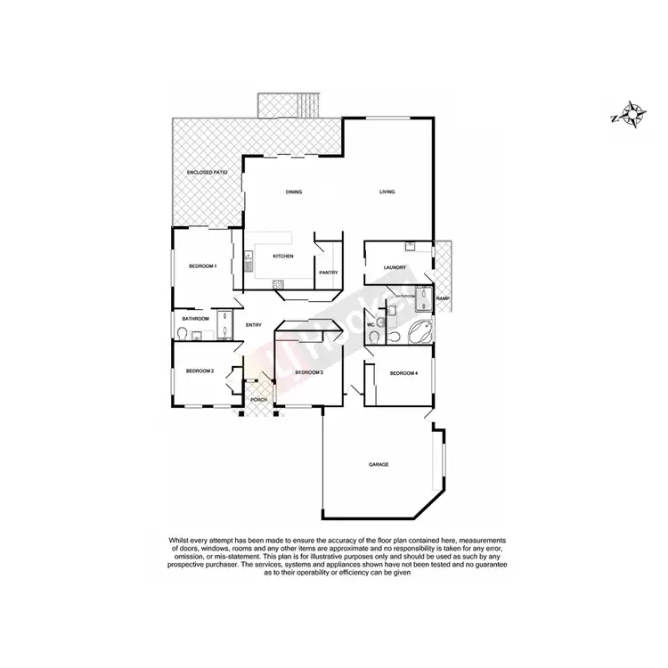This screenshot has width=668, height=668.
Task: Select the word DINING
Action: click(294, 192)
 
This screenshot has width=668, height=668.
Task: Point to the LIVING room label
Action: click(387, 192)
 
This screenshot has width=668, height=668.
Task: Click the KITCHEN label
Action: click(283, 257)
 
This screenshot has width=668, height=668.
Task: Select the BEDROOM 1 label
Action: click(202, 266)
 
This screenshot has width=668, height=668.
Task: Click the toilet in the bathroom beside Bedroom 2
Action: click(183, 333)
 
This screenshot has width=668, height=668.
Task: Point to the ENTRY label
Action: click(253, 325)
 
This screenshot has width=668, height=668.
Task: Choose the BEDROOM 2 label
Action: click(200, 371)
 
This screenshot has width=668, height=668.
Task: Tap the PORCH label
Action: click(259, 399)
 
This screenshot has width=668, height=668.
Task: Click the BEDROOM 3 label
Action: click(308, 372)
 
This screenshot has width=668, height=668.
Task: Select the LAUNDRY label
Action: click(395, 267)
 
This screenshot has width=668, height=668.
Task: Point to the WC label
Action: click(371, 325)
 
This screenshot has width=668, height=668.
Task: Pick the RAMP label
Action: click(443, 298)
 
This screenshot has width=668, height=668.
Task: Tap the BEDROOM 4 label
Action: click(403, 373)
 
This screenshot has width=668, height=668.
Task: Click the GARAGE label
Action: click(380, 465)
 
